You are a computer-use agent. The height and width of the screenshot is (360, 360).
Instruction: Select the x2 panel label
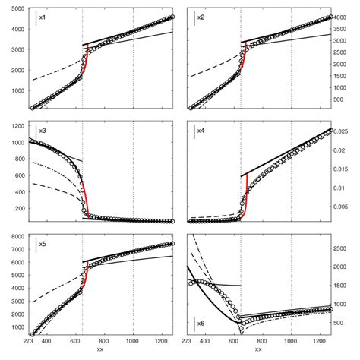point(201,17)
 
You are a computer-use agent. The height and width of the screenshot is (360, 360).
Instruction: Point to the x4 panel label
point(201,131)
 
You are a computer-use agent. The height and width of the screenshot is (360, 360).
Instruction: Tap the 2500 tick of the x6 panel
point(343,248)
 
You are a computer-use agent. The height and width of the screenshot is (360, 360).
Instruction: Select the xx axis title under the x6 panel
point(258,351)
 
